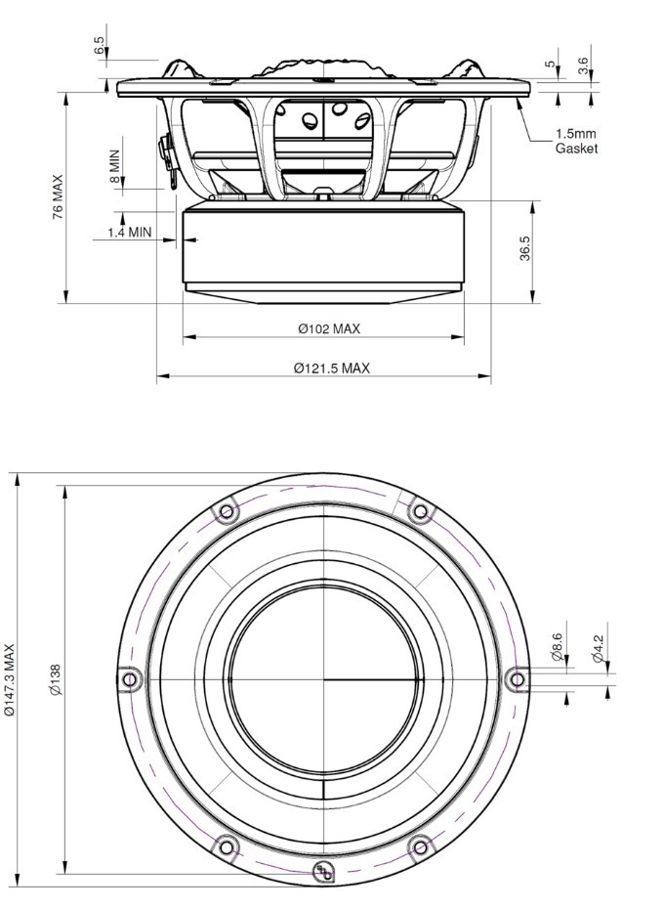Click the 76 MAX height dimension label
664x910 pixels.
[58, 196]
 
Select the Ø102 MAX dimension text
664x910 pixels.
[329, 329]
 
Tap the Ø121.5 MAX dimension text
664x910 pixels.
[331, 368]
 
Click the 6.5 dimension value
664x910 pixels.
[99, 46]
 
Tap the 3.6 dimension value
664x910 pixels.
[583, 65]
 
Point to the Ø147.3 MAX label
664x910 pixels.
[11, 679]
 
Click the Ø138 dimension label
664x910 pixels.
[55, 679]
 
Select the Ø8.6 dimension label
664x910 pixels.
[558, 647]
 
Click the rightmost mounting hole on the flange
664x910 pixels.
[518, 678]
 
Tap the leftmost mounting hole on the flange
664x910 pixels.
[128, 678]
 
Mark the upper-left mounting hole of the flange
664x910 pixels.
[227, 510]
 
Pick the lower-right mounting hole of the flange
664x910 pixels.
[420, 846]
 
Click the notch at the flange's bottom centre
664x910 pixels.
[323, 871]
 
